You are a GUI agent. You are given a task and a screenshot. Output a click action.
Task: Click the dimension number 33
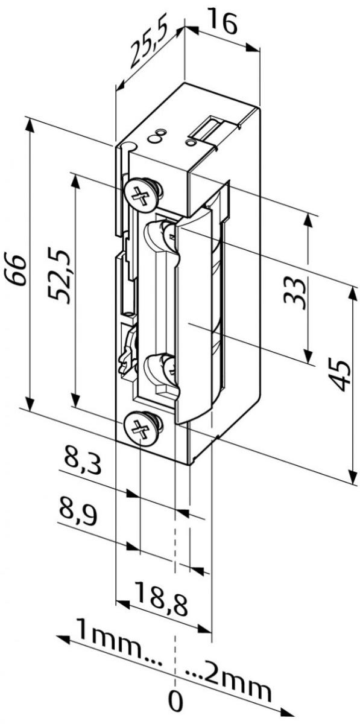tap(294, 291)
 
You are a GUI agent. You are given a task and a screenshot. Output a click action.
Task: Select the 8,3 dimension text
tap(81, 463)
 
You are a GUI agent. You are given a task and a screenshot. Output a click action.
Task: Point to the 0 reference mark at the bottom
tap(175, 702)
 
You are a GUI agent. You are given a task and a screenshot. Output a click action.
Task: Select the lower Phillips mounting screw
tap(141, 428)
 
